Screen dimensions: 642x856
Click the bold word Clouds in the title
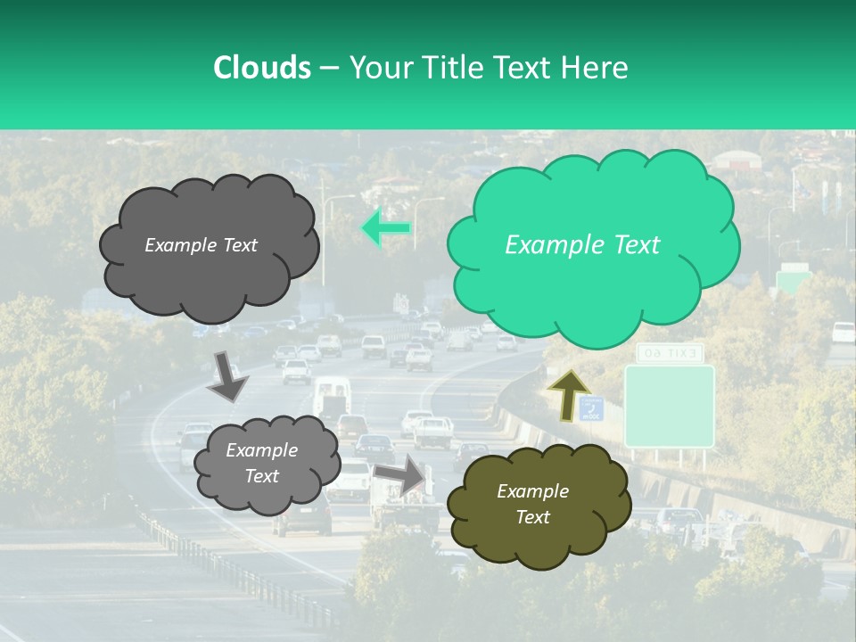point(261,68)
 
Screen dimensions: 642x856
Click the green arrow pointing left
point(386,228)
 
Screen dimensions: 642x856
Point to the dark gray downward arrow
point(228,375)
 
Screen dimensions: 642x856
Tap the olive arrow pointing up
point(567,394)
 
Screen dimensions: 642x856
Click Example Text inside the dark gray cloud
point(201,245)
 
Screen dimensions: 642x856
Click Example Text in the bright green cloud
point(582,245)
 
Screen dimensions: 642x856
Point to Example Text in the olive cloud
point(532,504)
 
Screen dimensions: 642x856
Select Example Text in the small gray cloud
point(261,463)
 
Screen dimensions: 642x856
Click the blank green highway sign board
point(669,406)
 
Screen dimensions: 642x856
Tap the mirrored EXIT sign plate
point(670,354)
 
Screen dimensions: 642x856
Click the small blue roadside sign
point(591,409)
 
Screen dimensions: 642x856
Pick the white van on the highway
point(331,393)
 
